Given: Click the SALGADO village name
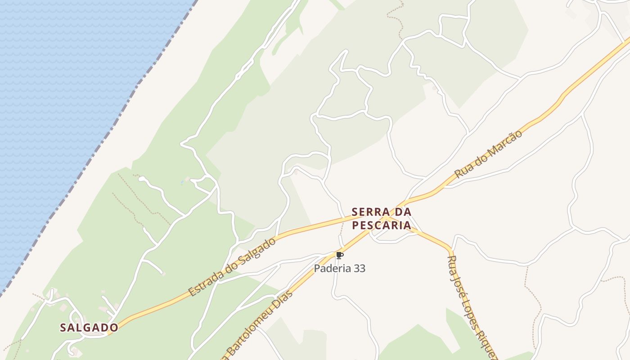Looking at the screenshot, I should click(x=89, y=328).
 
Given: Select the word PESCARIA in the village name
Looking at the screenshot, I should click(x=382, y=225).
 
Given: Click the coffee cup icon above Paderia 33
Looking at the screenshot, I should click(x=340, y=256).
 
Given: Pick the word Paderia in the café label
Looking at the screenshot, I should click(x=331, y=269).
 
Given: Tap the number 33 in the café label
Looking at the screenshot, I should click(x=359, y=269).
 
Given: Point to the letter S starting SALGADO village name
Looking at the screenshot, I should click(x=63, y=328).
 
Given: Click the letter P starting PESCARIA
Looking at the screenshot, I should click(x=355, y=225).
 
